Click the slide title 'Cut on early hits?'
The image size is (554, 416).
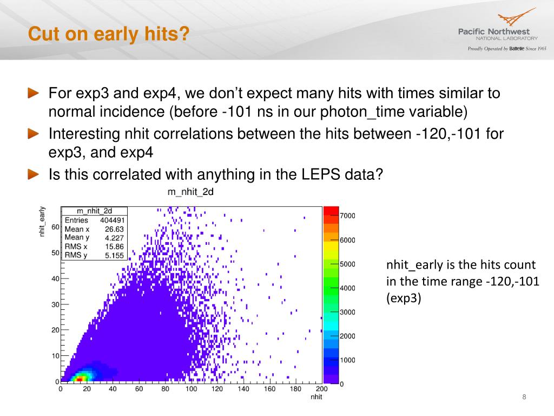109,34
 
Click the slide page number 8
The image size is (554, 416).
524,397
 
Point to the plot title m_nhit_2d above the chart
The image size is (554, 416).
190,192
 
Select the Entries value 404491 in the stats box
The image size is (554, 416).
113,220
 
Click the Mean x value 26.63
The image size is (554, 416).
115,229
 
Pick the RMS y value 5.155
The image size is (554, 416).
115,256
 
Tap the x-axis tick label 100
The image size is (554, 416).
191,389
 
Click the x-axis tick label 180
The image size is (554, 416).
295,389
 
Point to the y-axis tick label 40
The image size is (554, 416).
55,279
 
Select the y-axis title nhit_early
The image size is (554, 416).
42,222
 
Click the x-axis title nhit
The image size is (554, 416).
316,397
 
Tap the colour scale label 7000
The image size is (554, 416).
347,216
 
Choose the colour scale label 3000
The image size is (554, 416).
347,312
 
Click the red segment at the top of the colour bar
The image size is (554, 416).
331,211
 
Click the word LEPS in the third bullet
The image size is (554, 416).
321,174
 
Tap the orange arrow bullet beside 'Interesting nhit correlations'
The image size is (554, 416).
34,134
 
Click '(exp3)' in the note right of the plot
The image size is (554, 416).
404,298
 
